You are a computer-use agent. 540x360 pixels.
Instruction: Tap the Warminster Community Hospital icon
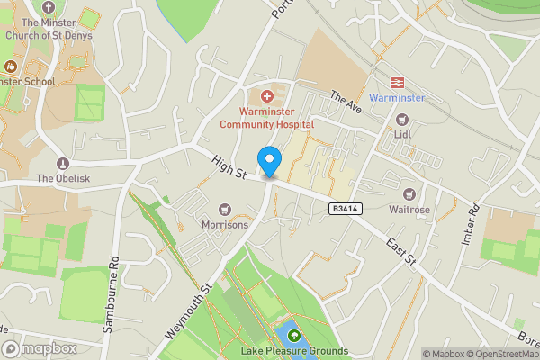(x=266, y=95)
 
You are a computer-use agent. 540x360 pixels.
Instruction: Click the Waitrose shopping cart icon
(x=410, y=194)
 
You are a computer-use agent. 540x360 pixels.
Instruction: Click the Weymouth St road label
(x=188, y=311)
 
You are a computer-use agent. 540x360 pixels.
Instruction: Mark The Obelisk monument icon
(x=62, y=163)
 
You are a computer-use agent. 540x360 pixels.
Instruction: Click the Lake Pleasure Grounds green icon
(x=293, y=336)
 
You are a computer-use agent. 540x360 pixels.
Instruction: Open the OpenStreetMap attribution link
(x=495, y=354)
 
